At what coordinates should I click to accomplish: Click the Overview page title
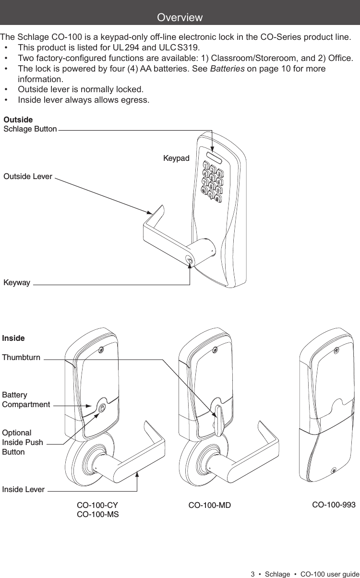[180, 18]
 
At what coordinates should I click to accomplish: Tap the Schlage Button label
[30, 129]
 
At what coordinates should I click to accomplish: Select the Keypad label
[176, 158]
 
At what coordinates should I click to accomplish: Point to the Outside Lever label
[28, 176]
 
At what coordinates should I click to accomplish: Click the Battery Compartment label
[26, 399]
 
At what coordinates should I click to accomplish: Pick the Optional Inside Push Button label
[23, 442]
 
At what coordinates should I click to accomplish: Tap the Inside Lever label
[23, 490]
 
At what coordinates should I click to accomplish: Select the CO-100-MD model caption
[209, 506]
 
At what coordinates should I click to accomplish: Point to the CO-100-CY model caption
[97, 506]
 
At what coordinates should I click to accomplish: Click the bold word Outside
[18, 119]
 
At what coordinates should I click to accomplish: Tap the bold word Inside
[13, 338]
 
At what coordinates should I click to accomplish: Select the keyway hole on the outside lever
[190, 262]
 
